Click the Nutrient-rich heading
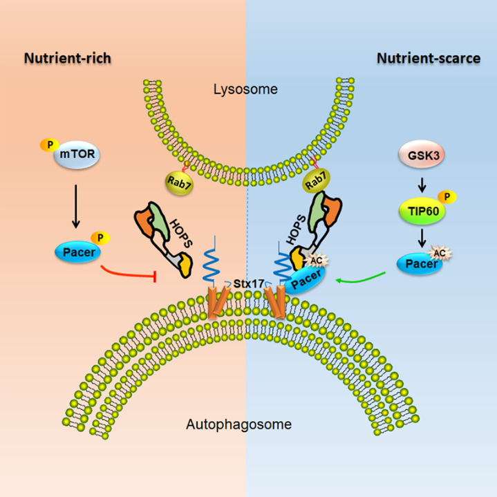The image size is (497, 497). [x=68, y=58]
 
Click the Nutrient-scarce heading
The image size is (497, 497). [x=429, y=58]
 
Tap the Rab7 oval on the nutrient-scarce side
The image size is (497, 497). [x=316, y=182]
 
